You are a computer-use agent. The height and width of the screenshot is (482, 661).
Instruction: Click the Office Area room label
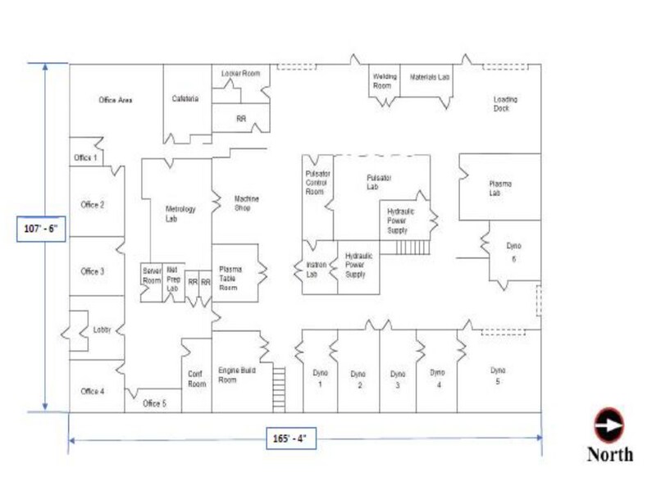click(x=116, y=100)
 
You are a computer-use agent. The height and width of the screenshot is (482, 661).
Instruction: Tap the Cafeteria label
click(x=185, y=99)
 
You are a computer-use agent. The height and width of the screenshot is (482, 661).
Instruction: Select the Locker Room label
click(x=241, y=74)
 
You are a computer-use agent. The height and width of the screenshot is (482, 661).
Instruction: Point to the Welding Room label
click(x=385, y=81)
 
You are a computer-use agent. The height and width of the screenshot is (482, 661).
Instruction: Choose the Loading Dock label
click(x=505, y=104)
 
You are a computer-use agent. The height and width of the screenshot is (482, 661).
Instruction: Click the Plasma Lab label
click(x=500, y=189)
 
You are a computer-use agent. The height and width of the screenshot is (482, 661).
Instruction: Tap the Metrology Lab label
click(x=180, y=214)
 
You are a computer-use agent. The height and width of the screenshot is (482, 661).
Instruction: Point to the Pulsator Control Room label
click(x=316, y=183)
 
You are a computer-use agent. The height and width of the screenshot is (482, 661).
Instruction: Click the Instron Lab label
click(x=317, y=270)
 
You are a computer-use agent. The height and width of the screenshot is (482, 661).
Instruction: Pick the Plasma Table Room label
click(x=229, y=278)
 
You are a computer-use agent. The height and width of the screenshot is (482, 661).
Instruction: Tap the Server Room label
click(x=152, y=275)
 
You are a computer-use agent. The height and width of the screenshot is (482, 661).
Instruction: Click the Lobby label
click(x=102, y=330)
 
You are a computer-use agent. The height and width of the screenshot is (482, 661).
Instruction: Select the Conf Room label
click(x=196, y=379)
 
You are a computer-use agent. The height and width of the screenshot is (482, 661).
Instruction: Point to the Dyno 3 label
click(x=398, y=380)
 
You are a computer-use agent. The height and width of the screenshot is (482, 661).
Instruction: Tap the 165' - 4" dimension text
click(x=292, y=439)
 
